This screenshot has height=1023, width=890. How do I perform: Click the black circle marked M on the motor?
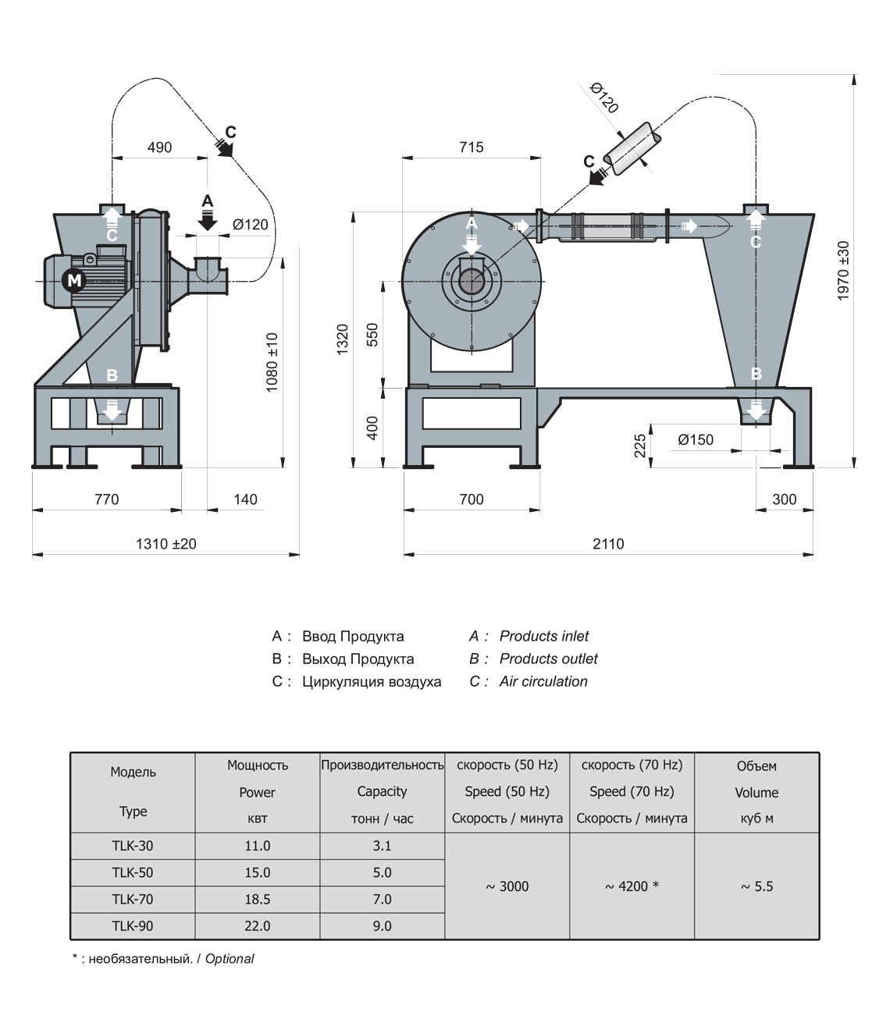coord(74,280)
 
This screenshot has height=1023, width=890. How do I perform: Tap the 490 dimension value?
coord(159,147)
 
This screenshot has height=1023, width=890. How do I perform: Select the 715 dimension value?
coord(472,147)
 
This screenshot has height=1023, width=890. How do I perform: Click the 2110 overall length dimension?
coord(608,544)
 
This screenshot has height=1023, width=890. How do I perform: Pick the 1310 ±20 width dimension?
coord(166,544)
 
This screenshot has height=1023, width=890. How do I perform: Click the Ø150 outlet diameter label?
coord(696,440)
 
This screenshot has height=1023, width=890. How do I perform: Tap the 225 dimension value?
coord(641,446)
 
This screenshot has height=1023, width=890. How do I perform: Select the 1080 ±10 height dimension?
coord(272,362)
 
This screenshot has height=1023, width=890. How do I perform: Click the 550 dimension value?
coord(373,336)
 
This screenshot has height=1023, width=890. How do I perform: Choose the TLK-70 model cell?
coord(133,899)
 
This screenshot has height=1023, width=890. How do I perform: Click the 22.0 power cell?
coord(258,926)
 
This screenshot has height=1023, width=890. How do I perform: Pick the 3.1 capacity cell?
coord(383,845)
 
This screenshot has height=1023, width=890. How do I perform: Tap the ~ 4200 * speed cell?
coord(632,886)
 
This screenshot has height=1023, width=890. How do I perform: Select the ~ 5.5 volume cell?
coord(756,886)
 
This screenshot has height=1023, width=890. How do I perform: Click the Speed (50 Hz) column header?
coord(507,791)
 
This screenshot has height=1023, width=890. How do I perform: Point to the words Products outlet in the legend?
coord(548,659)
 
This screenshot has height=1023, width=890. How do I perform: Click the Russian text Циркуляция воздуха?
coord(372,682)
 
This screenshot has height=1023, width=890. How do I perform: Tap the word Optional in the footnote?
coord(230,959)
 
